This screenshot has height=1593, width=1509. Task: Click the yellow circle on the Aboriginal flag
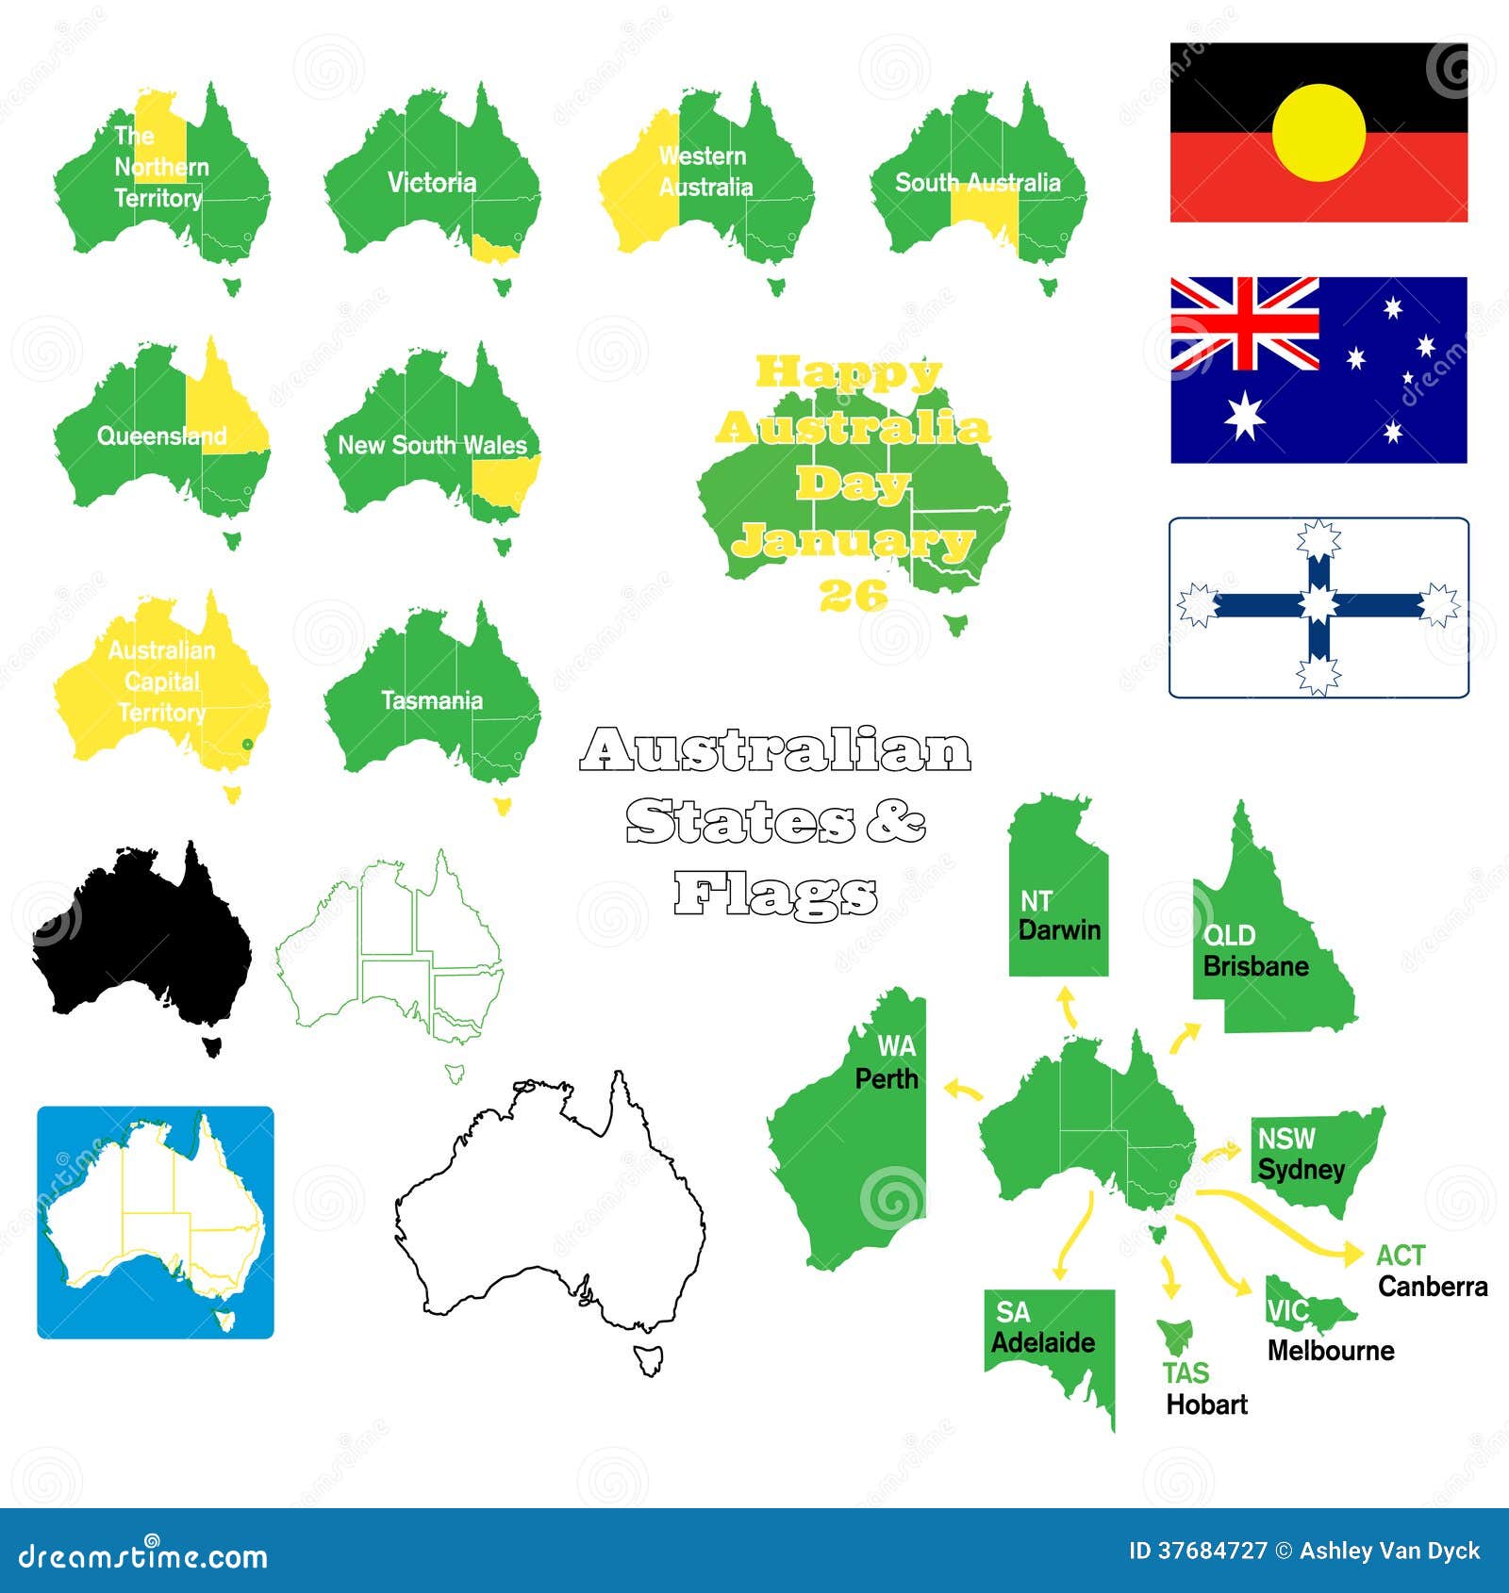[x=1318, y=133]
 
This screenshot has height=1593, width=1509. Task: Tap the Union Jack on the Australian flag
[x=1244, y=323]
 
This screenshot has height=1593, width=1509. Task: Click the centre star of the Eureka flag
[x=1318, y=604]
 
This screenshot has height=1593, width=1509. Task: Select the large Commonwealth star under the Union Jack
[x=1244, y=416]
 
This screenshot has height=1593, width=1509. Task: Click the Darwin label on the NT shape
[x=1059, y=930]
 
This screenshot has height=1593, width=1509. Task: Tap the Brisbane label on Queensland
[x=1255, y=966]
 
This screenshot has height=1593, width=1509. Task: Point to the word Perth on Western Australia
[x=886, y=1078]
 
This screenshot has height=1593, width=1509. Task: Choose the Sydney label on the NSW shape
[x=1301, y=1170]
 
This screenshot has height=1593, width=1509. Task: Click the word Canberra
[x=1432, y=1287]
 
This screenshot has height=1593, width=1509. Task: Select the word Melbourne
[x=1330, y=1351]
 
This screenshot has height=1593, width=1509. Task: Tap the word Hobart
[x=1206, y=1404]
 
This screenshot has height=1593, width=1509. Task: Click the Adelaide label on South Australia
[x=1043, y=1342]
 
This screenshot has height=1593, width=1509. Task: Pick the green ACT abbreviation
[x=1400, y=1256]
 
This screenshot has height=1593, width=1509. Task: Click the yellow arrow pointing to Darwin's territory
[x=1068, y=1007]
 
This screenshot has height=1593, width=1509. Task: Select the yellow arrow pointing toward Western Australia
[x=963, y=1091]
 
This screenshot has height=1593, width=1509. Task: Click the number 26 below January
[x=854, y=595]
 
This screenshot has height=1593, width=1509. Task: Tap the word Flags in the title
[x=775, y=895]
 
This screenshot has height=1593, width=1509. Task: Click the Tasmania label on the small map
[x=431, y=700]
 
